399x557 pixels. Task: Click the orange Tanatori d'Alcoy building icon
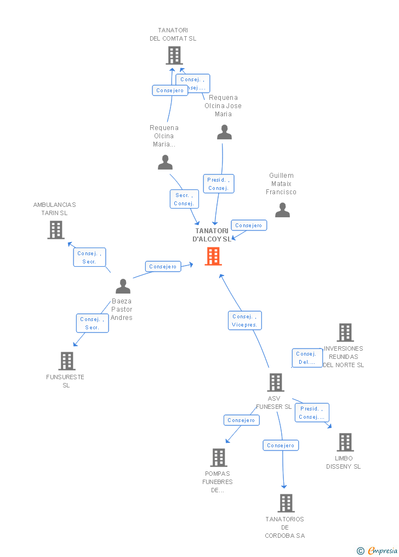[213, 256]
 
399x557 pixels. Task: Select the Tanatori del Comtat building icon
[174, 55]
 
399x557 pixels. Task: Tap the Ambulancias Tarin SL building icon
[55, 230]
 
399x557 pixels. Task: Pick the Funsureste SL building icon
[66, 361]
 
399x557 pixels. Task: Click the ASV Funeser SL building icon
[275, 382]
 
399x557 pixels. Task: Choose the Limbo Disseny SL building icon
[345, 442]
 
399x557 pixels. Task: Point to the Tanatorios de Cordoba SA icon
[286, 503]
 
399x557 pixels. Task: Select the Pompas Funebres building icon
[218, 457]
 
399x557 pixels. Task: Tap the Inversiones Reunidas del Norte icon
[345, 333]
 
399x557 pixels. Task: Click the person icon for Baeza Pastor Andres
[123, 286]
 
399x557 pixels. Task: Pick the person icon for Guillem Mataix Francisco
[282, 210]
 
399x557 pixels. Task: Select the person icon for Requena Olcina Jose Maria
[224, 132]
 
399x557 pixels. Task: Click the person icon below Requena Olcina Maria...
[165, 162]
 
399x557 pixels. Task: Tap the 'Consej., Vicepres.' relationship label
[244, 320]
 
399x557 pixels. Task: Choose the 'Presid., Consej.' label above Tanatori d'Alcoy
[219, 184]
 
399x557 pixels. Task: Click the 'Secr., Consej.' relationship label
[184, 199]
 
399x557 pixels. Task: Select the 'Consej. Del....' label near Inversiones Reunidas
[307, 358]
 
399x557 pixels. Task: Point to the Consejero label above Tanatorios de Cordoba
[281, 446]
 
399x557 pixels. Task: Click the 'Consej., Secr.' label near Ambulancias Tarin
[89, 257]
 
